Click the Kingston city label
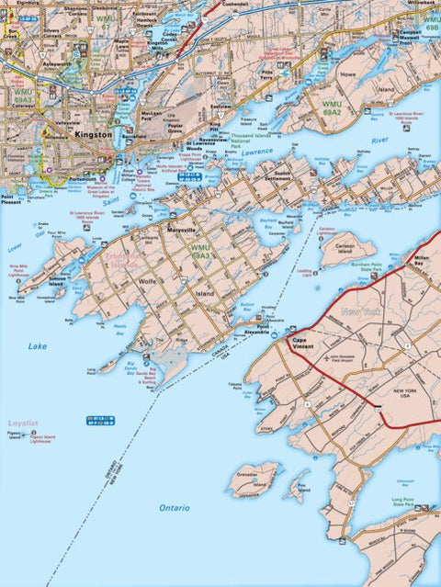click(94, 134)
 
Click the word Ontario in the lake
click(174, 507)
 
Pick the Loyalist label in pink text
click(23, 423)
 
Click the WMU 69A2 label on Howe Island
click(332, 106)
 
